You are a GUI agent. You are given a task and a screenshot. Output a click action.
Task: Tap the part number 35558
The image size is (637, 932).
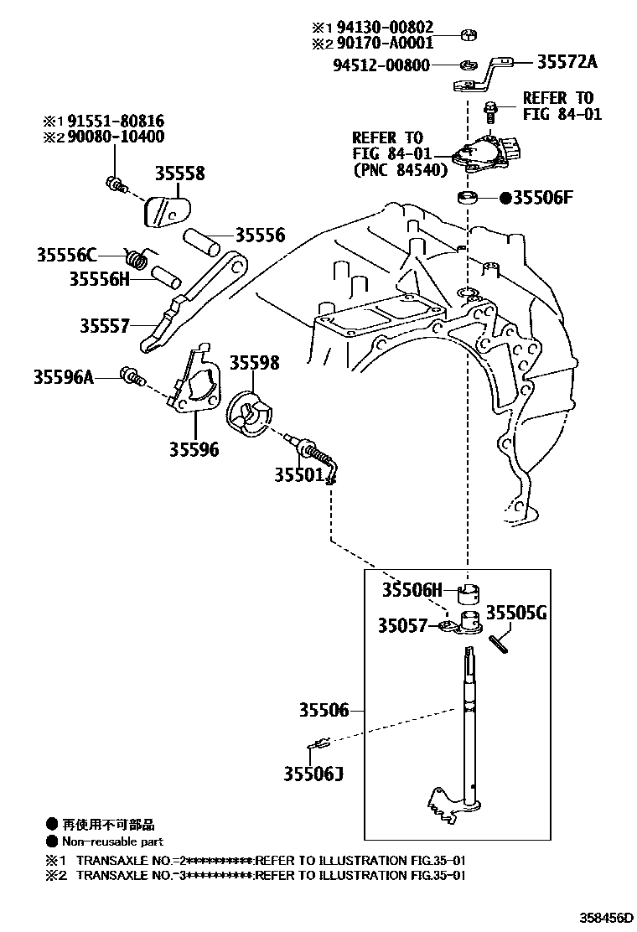click(x=179, y=173)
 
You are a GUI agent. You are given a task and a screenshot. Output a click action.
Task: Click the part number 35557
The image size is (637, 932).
click(x=105, y=325)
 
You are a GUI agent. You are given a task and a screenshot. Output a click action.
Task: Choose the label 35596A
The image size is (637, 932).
click(x=64, y=377)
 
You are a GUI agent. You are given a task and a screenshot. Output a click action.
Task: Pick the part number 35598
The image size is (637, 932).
click(x=255, y=363)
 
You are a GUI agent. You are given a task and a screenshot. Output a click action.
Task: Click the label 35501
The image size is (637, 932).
click(x=298, y=474)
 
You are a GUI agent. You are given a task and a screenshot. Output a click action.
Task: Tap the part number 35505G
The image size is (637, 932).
click(x=517, y=613)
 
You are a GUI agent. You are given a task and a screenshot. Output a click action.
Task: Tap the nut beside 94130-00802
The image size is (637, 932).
click(x=470, y=35)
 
